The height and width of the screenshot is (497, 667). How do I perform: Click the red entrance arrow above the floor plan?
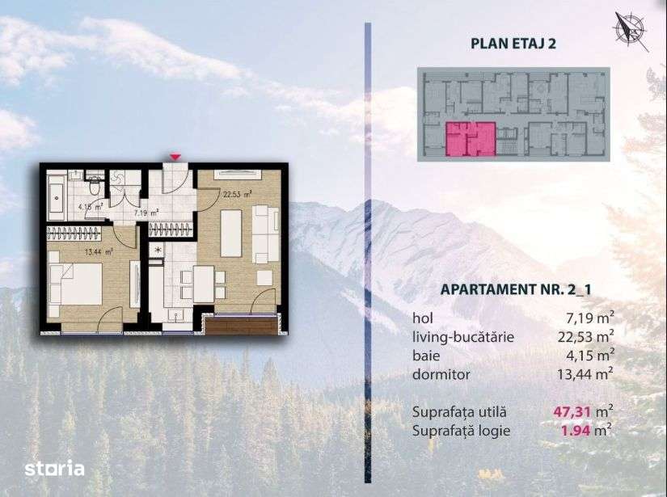coord(175,156)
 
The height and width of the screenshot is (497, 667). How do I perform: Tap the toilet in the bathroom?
coord(95,187)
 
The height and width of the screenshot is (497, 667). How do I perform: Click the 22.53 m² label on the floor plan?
coord(237,193)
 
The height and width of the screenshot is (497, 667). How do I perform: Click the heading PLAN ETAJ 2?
coord(512,44)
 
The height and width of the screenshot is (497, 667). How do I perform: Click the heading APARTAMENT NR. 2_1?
coord(511,289)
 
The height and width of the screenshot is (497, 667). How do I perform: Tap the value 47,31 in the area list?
coord(569,411)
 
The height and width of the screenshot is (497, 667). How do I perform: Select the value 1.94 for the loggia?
coord(576,430)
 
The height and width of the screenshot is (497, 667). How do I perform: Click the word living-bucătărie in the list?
coord(463,336)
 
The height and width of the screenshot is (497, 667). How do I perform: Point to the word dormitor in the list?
coord(441,373)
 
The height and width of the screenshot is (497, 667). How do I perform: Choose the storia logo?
coord(54,467)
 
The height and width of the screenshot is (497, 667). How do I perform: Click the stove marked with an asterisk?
coord(158,251)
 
